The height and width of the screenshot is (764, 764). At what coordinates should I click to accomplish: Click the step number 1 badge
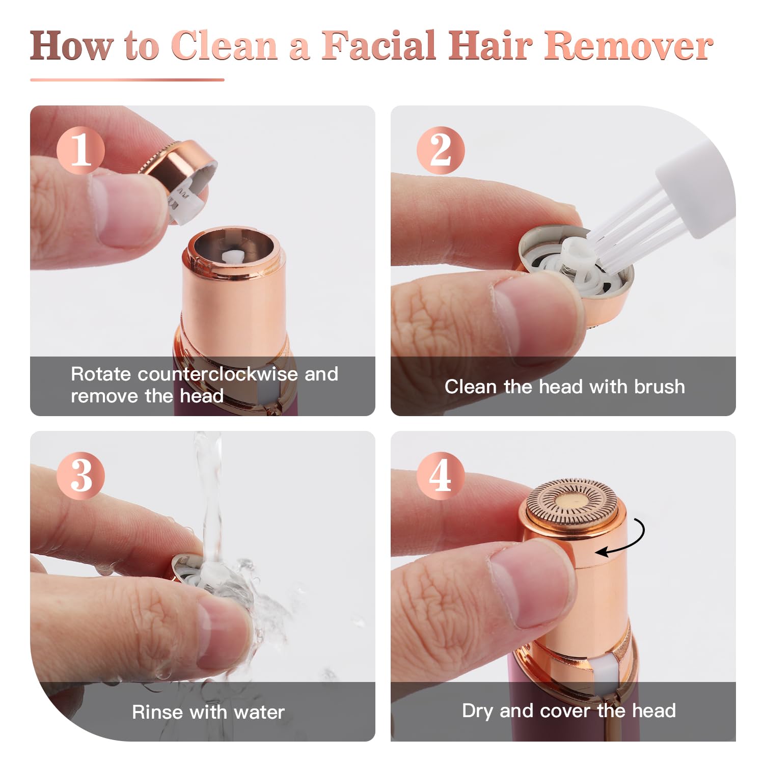[80, 151]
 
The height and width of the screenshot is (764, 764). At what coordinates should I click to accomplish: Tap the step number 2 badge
[441, 151]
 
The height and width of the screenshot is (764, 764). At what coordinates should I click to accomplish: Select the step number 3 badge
[80, 476]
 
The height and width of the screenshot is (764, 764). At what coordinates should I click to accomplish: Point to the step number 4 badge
[441, 476]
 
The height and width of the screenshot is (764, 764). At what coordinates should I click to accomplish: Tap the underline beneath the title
[127, 79]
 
